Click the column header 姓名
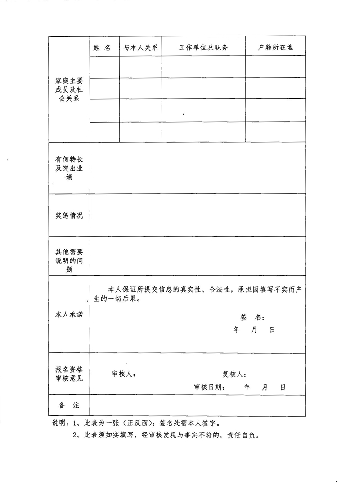coord(102,47)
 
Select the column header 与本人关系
coord(140,47)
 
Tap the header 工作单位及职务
coord(203,47)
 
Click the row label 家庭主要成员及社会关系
coord(69,90)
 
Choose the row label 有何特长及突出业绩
coord(69,169)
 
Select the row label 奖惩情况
coord(69,215)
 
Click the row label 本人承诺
coord(69,315)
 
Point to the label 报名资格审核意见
coord(69,374)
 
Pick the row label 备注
coord(69,406)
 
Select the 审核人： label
coord(124,374)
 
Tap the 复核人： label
coord(234,374)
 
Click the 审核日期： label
coord(210,387)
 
